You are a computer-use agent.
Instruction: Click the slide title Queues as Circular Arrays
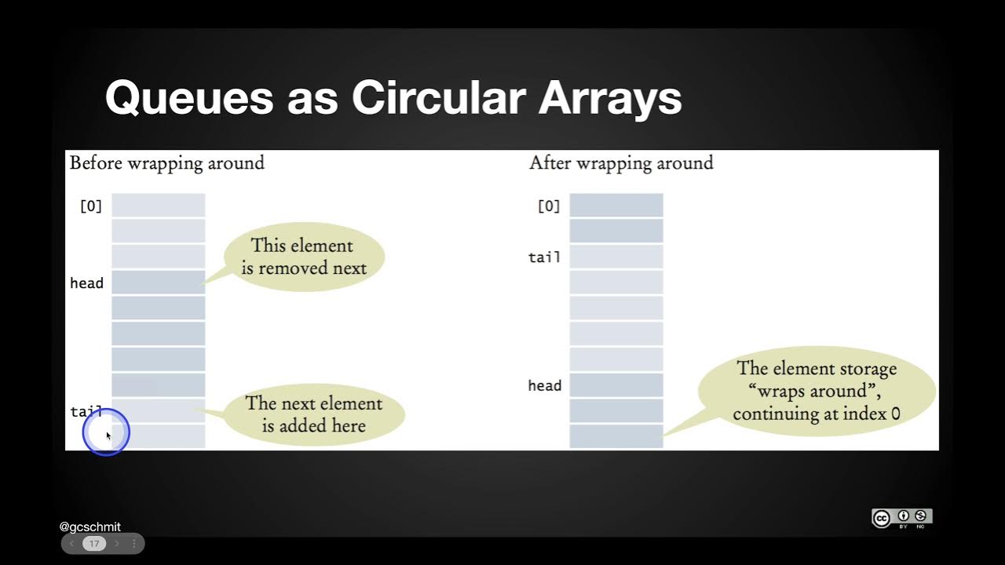pyautogui.click(x=393, y=99)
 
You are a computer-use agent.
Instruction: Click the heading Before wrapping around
pyautogui.click(x=166, y=163)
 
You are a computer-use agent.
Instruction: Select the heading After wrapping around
pyautogui.click(x=621, y=163)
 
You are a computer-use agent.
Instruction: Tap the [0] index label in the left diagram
pyautogui.click(x=91, y=206)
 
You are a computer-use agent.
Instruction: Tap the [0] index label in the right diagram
pyautogui.click(x=549, y=206)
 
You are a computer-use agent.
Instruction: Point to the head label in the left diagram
pyautogui.click(x=86, y=283)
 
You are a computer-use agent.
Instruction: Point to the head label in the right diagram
pyautogui.click(x=544, y=385)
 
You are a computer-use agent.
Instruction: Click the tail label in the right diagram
pyautogui.click(x=544, y=257)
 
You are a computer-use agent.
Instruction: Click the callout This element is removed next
pyautogui.click(x=303, y=257)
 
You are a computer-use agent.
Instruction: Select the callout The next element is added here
pyautogui.click(x=313, y=414)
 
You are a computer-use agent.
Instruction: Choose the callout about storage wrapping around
pyautogui.click(x=816, y=390)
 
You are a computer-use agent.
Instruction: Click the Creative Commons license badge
pyautogui.click(x=901, y=517)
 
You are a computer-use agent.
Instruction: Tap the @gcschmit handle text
pyautogui.click(x=90, y=527)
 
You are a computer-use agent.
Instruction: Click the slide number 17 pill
pyautogui.click(x=94, y=543)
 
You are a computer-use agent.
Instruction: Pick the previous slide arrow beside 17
pyautogui.click(x=72, y=543)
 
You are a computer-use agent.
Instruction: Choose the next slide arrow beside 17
pyautogui.click(x=117, y=543)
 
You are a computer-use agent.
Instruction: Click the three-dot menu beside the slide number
pyautogui.click(x=133, y=543)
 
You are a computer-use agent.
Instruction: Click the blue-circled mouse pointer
pyautogui.click(x=106, y=432)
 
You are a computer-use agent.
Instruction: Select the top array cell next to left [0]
pyautogui.click(x=158, y=206)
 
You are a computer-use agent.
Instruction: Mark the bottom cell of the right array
pyautogui.click(x=616, y=436)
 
